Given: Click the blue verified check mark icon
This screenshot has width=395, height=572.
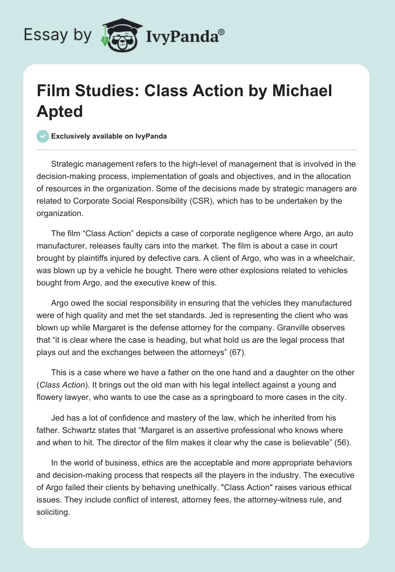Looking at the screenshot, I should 43,136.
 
